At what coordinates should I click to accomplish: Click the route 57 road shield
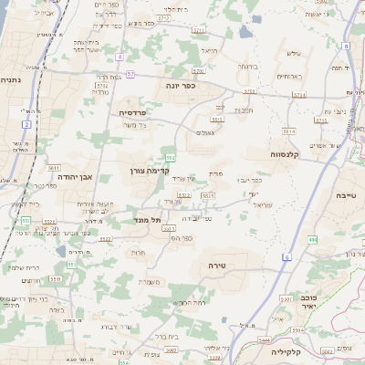[x=130, y=73]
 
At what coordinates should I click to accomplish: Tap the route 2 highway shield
[x=27, y=123]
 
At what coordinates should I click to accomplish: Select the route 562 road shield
[x=171, y=158]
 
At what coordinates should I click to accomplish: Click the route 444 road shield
[x=312, y=239]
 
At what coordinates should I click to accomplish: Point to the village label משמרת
[x=152, y=282]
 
